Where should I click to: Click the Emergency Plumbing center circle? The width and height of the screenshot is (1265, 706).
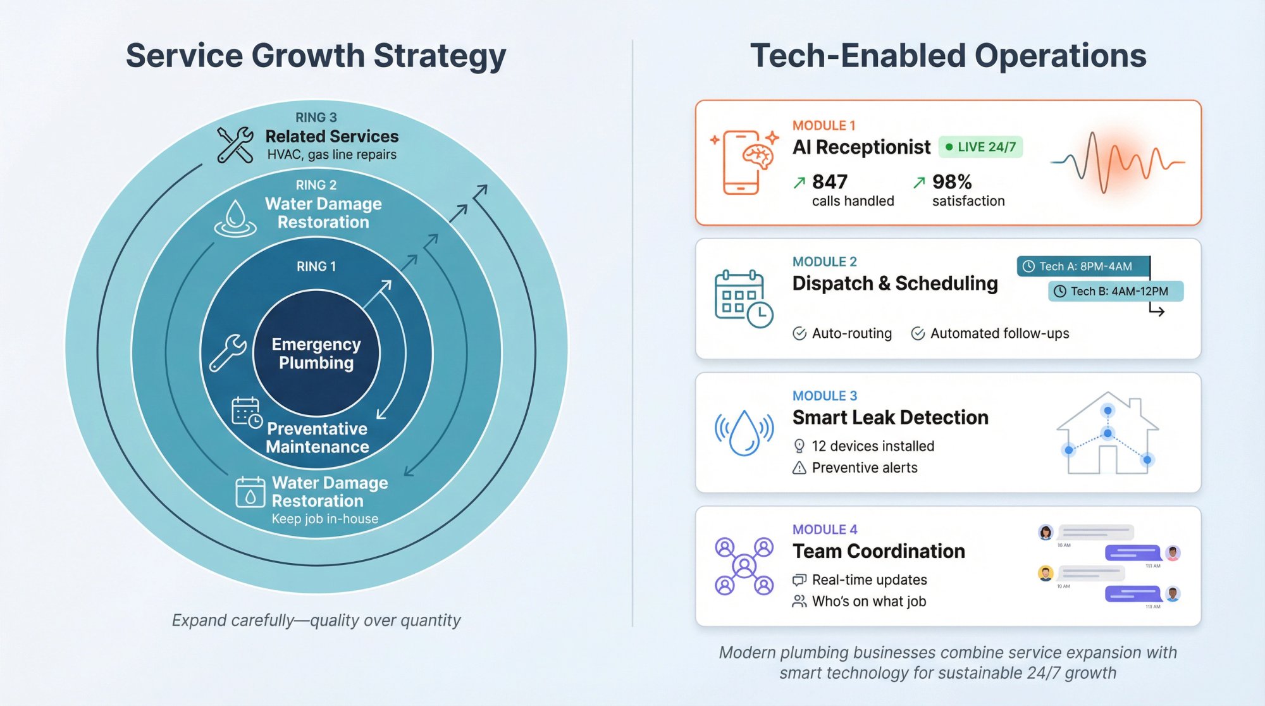tap(316, 353)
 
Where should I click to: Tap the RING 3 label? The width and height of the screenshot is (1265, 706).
tap(316, 118)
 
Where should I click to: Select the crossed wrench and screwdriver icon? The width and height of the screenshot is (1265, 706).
tap(235, 145)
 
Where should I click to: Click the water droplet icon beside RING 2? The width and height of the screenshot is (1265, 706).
tap(235, 218)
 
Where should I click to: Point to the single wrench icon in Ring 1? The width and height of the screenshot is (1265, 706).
tap(228, 352)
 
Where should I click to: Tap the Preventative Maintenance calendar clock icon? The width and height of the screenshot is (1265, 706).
tap(247, 412)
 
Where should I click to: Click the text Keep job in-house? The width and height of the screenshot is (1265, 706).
tap(325, 519)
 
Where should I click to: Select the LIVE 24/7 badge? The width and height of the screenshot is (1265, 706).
tap(980, 147)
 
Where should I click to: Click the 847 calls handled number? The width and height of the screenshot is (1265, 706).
tap(829, 182)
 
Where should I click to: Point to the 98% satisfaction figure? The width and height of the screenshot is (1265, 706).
tap(952, 182)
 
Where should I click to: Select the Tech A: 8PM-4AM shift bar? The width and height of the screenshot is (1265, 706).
tap(1083, 266)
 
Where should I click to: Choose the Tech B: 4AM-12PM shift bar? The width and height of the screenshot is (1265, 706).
tap(1116, 291)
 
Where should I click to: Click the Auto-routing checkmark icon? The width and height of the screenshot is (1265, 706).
tap(799, 333)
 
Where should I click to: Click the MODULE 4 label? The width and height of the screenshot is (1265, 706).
tap(825, 529)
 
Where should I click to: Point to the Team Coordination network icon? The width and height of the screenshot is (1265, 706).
tap(744, 566)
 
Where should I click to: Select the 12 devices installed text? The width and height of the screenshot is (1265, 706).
tap(873, 446)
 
